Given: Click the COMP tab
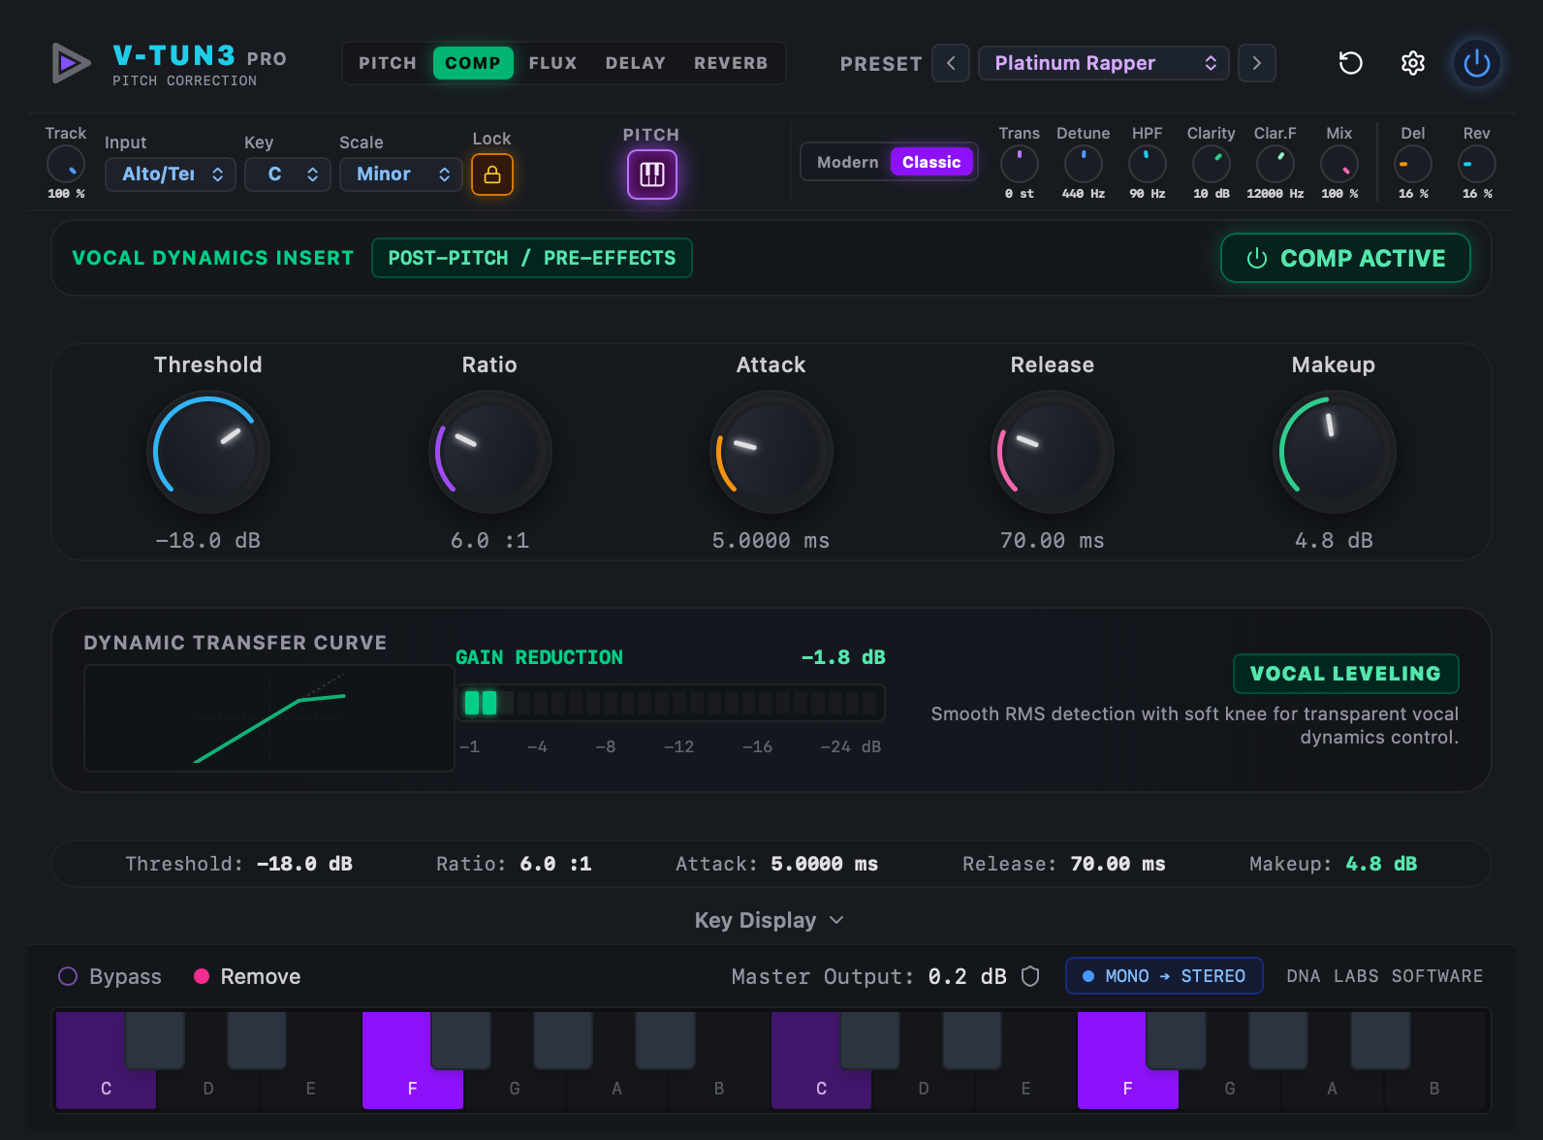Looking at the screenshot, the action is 473,63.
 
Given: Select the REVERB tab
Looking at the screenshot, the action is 731,63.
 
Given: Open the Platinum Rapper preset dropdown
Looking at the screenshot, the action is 1103,63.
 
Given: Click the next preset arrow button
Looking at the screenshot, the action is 1256,63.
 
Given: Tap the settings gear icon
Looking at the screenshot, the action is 1412,63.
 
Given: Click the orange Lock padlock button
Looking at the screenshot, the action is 491,174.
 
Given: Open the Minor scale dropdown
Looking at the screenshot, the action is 400,174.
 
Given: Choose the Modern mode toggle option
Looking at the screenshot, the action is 847,162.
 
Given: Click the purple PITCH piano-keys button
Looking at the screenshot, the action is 652,174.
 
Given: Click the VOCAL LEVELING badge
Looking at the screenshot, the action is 1345,673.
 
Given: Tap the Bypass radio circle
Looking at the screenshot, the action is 68,976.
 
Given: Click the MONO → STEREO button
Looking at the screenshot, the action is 1164,976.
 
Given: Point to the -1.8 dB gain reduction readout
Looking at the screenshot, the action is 843,657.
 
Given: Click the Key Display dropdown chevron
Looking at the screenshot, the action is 836,920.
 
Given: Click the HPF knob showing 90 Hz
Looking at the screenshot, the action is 1147,164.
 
